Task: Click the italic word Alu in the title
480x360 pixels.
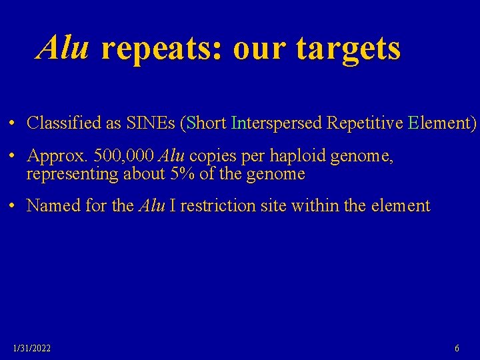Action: (63, 48)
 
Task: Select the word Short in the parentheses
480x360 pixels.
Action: (207, 123)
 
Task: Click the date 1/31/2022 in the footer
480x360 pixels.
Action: (32, 348)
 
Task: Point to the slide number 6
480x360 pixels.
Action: (457, 348)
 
